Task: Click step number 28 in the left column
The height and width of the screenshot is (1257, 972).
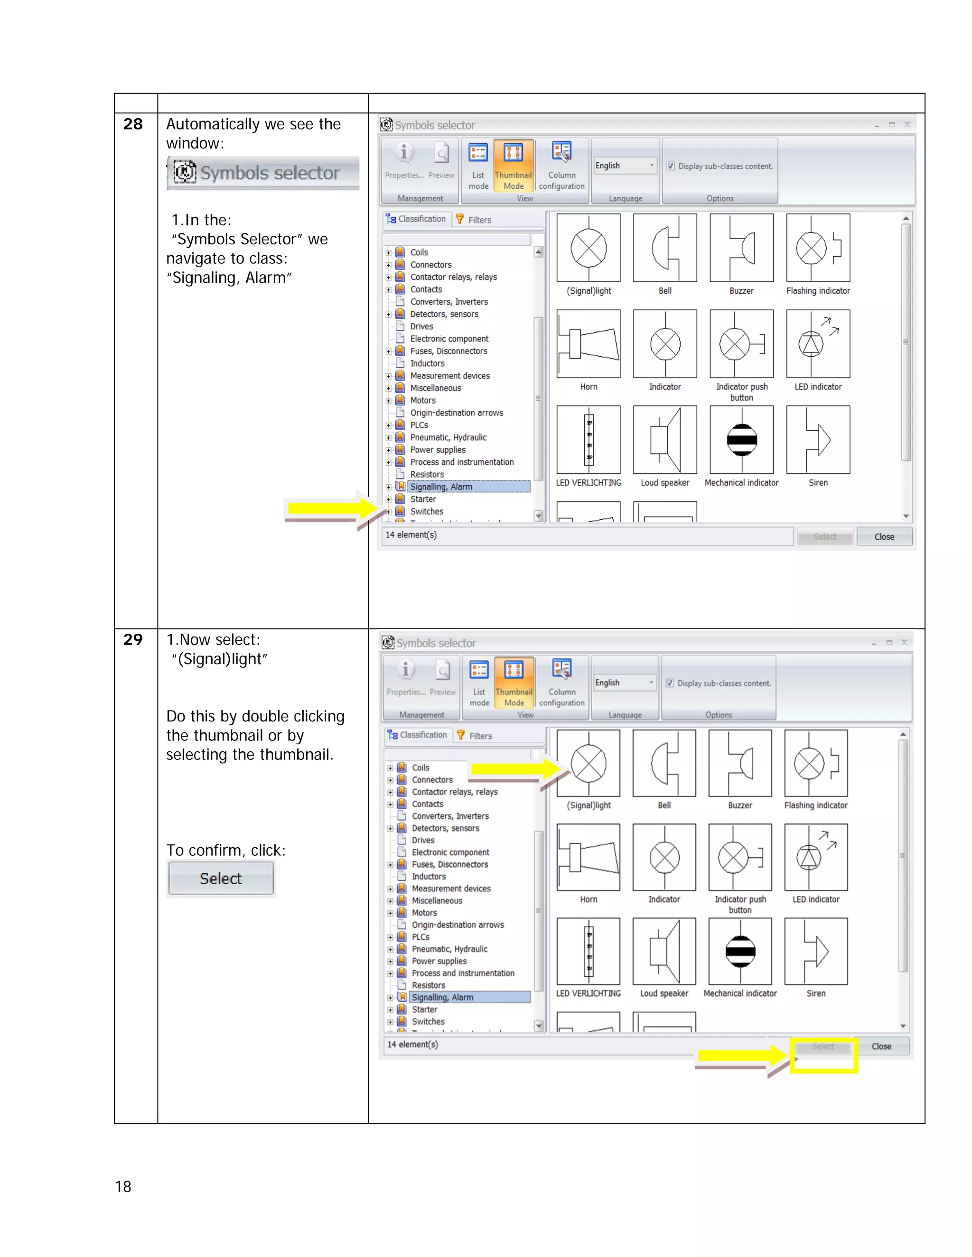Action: click(133, 124)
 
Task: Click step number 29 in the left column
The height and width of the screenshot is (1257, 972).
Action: click(133, 639)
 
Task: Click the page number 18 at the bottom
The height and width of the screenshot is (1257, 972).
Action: click(123, 1186)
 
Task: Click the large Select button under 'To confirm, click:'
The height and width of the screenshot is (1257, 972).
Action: click(221, 878)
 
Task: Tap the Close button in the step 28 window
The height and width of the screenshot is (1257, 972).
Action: click(884, 536)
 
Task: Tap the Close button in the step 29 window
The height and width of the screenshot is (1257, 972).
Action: click(881, 1046)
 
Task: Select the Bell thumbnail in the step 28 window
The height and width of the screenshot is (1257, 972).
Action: click(664, 249)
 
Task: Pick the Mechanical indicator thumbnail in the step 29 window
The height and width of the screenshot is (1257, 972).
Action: click(740, 952)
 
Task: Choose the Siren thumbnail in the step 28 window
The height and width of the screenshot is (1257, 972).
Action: click(818, 440)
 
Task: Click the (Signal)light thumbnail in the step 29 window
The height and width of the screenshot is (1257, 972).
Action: click(589, 764)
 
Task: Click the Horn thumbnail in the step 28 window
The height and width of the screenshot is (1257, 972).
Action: click(589, 344)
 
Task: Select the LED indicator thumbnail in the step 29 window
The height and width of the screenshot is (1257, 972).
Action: click(815, 858)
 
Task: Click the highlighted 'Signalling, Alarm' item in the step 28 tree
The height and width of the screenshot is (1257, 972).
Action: click(441, 487)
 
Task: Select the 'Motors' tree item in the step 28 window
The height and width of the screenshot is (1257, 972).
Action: click(423, 401)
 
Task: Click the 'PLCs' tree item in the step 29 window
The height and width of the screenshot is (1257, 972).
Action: click(421, 937)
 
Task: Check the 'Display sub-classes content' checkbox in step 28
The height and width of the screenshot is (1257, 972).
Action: click(671, 166)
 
